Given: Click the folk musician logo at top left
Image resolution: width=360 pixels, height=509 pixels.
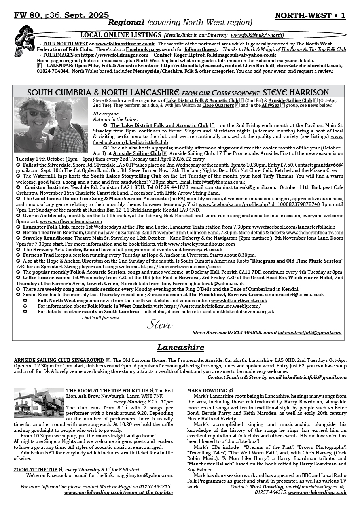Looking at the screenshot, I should (25, 41).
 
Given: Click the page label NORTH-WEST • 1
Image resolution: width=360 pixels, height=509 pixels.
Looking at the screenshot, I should (310, 16).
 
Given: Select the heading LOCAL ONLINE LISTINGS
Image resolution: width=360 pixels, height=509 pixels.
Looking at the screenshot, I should (121, 35).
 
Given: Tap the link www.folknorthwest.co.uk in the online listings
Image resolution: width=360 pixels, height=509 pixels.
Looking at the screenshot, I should (125, 44).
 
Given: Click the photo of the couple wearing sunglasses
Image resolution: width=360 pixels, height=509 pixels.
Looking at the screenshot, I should (51, 125).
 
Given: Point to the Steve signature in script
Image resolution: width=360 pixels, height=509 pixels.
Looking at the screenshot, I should (160, 325).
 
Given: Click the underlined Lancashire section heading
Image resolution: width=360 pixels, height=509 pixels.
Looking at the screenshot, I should (180, 348).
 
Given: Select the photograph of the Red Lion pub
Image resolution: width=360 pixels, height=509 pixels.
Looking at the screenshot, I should (38, 403).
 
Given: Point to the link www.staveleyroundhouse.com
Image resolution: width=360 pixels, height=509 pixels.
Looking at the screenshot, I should (201, 244).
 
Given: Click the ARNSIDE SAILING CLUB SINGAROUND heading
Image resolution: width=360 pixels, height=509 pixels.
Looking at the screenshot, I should (59, 360).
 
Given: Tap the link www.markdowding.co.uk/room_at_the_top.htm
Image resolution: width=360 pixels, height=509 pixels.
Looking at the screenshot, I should (118, 492).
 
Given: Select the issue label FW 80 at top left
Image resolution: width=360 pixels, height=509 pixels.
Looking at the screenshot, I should (27, 15).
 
